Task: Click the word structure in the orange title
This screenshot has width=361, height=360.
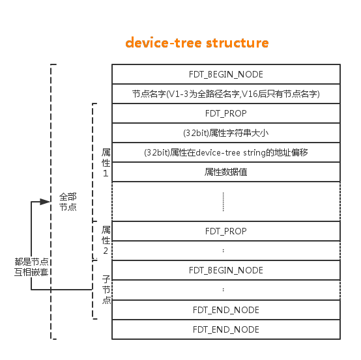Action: (x=237, y=43)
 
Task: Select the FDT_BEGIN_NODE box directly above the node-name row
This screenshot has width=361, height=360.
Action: (x=225, y=74)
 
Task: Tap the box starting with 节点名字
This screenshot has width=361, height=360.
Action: (x=225, y=94)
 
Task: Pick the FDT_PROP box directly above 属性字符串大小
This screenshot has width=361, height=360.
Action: (x=225, y=113)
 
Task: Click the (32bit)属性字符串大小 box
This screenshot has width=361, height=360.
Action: (x=225, y=133)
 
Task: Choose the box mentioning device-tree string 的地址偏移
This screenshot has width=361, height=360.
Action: (x=225, y=152)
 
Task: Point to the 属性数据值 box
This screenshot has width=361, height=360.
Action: (x=225, y=172)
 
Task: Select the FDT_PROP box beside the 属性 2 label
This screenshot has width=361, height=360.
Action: (x=225, y=231)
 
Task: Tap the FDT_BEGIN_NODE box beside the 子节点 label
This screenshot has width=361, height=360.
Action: (x=225, y=270)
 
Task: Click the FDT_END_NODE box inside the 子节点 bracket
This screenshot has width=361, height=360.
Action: (x=225, y=309)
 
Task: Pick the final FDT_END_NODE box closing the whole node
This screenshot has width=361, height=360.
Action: (x=225, y=329)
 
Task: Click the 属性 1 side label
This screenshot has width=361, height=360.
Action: (x=106, y=162)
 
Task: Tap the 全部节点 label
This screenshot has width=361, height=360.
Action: (x=68, y=201)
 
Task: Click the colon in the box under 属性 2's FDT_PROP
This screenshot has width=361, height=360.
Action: (x=223, y=251)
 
